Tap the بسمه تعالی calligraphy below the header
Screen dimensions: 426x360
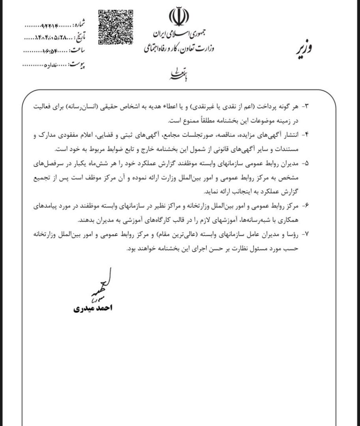pyautogui.click(x=175, y=74)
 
